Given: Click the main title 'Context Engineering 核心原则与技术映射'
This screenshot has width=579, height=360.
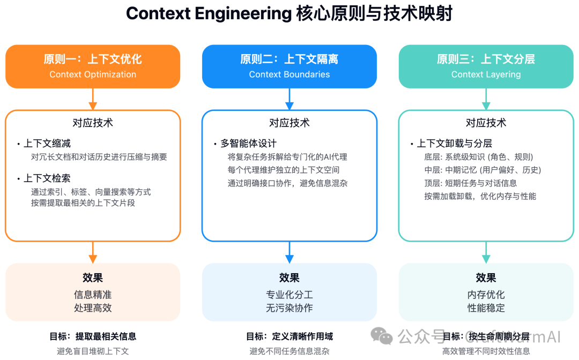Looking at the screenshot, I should tap(289, 13).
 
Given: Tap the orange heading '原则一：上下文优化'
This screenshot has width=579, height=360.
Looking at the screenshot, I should tap(93, 59).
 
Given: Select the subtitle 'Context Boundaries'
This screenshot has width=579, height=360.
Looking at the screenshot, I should tap(289, 74).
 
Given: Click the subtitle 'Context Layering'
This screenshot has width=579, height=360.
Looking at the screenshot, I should tap(486, 74).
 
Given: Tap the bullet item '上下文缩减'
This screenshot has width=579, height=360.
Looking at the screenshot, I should tap(47, 144).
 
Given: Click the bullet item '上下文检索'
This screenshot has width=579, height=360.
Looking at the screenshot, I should tap(47, 178).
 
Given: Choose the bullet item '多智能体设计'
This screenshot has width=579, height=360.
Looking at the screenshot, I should tap(248, 144).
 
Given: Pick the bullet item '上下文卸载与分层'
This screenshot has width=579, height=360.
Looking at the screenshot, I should tap(454, 144).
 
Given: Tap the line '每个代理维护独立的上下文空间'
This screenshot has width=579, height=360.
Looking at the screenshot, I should tap(283, 170).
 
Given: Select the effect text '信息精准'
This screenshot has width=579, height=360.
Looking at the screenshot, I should tap(93, 295).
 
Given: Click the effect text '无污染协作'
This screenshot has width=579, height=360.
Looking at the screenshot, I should tap(289, 308).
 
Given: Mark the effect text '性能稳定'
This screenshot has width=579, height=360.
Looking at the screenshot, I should tap(486, 308).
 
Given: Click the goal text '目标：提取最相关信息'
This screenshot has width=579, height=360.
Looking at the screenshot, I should tap(93, 336).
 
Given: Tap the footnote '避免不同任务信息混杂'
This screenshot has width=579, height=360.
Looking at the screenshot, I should tap(289, 351).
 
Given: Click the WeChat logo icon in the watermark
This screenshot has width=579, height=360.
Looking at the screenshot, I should tap(382, 336).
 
